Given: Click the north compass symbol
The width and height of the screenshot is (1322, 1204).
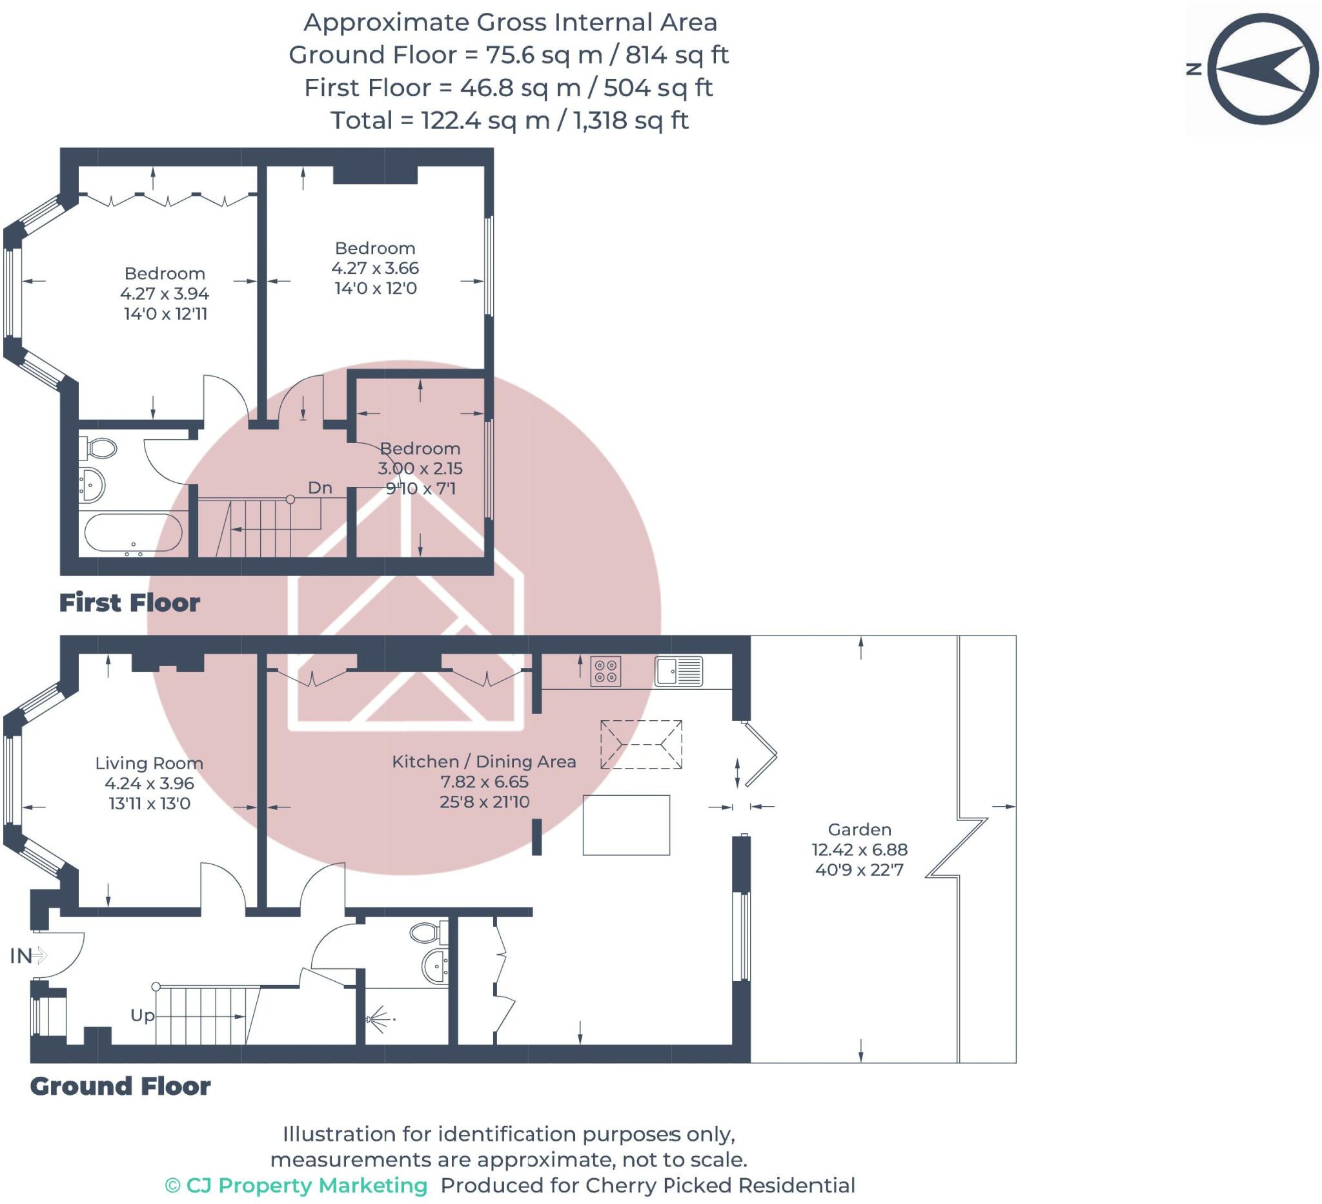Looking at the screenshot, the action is [x=1263, y=70].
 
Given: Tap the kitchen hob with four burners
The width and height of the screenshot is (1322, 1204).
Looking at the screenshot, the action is [x=605, y=671].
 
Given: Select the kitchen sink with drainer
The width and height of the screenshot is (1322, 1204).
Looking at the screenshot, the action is [x=678, y=671].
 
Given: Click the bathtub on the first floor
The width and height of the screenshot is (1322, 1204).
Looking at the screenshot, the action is [x=133, y=534].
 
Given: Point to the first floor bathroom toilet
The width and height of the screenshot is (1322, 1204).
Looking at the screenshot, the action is [x=98, y=449].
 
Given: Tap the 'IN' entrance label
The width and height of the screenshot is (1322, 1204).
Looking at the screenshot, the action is [x=21, y=956].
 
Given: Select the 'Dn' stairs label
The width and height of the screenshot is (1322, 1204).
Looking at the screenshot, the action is [x=320, y=488].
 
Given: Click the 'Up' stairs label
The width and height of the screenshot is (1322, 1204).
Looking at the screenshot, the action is [x=142, y=1015].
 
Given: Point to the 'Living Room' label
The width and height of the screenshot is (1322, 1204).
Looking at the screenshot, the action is [x=150, y=763].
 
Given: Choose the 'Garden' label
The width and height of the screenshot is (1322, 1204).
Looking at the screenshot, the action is [x=860, y=829].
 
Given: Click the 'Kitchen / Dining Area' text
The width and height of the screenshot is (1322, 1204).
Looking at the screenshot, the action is [x=484, y=761].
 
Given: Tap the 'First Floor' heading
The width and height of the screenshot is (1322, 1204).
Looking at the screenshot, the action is [x=129, y=603].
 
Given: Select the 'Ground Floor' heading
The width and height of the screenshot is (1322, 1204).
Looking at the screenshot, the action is [x=120, y=1086].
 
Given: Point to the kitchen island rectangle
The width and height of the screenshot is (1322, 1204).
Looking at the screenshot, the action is [x=626, y=825].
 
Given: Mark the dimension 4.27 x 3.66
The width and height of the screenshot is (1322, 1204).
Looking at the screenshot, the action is [x=375, y=267].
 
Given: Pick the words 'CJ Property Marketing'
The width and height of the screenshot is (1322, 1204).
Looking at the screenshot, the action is [x=306, y=1185].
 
